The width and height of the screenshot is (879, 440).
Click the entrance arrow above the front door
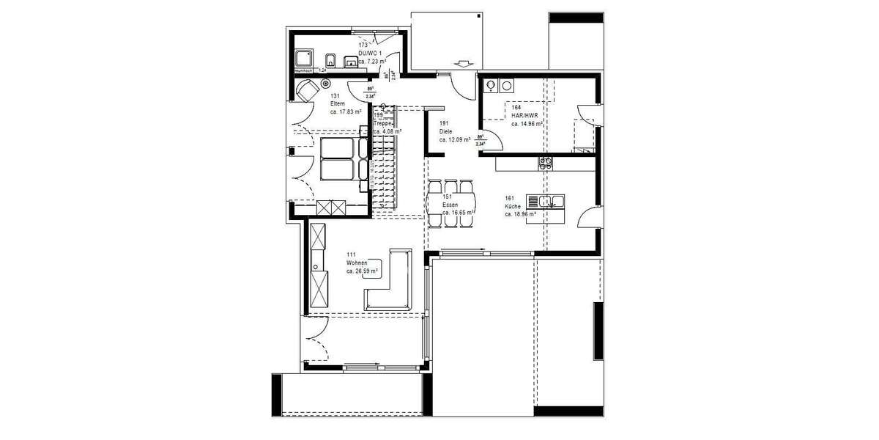(x=463, y=63)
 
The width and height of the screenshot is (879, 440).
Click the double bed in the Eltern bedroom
(x=341, y=158)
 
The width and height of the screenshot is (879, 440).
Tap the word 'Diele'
(x=446, y=131)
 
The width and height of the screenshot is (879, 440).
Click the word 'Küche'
(x=513, y=207)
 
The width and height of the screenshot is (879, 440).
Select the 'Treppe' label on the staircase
(x=383, y=123)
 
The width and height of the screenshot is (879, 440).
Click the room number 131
(x=335, y=96)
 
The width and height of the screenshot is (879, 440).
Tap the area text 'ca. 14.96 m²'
(x=527, y=124)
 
